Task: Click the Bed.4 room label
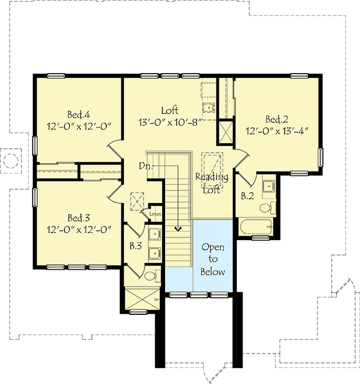(x=79, y=115)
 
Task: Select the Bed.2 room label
(x=276, y=119)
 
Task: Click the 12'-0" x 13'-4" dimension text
(x=276, y=131)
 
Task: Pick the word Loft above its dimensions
(x=169, y=109)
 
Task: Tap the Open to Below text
(x=213, y=259)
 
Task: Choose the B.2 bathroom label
(x=247, y=195)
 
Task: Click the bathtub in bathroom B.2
(x=256, y=227)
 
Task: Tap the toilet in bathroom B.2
(x=267, y=207)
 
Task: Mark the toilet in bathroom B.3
(x=151, y=276)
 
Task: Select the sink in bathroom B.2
(x=268, y=185)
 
